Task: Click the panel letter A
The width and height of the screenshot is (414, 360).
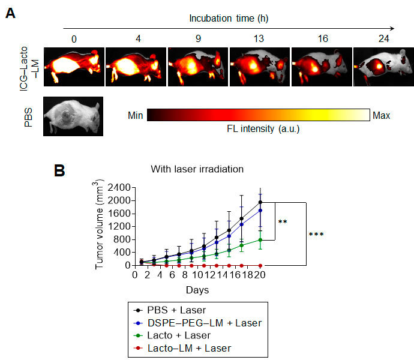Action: pos(10,13)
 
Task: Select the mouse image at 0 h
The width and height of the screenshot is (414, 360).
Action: pos(74,65)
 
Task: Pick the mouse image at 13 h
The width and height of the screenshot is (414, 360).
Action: pos(257,65)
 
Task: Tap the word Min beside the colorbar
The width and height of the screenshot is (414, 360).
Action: pos(136,115)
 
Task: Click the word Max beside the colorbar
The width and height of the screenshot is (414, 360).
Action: pos(382,115)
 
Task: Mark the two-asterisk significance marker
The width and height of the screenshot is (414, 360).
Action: pos(283,222)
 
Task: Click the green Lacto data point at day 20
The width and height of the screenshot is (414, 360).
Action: pos(260,240)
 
